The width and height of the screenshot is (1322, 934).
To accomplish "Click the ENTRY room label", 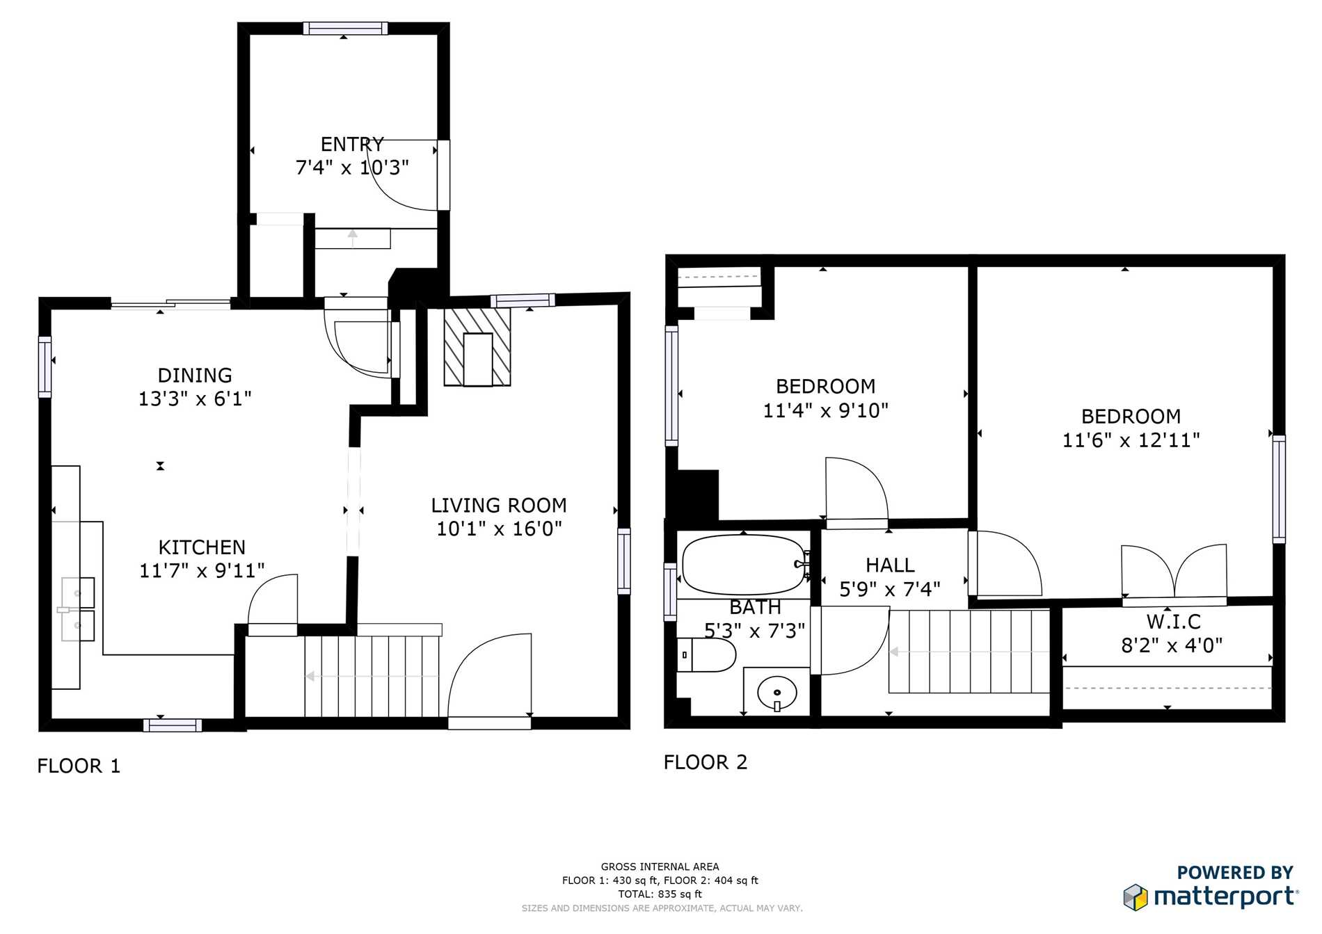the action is click(x=352, y=144).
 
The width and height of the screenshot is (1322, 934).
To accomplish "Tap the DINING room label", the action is click(x=195, y=376).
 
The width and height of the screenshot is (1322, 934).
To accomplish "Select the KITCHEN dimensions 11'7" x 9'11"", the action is click(x=202, y=571).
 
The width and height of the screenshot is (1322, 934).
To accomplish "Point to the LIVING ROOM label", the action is click(x=499, y=506).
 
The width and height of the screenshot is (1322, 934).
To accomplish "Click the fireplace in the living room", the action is click(x=477, y=346).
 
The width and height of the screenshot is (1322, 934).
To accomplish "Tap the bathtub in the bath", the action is click(x=743, y=565).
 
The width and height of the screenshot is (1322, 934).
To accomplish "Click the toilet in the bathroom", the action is click(x=706, y=655).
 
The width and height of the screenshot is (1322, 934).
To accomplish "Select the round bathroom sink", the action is click(x=777, y=693).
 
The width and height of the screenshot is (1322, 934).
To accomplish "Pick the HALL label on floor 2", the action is click(x=890, y=565).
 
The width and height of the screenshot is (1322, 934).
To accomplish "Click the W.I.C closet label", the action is click(x=1174, y=621).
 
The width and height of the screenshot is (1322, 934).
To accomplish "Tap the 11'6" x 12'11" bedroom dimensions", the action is click(x=1131, y=440).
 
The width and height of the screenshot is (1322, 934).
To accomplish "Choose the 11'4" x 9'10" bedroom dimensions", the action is click(x=826, y=410).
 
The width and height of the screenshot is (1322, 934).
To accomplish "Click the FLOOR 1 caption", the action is click(x=79, y=766).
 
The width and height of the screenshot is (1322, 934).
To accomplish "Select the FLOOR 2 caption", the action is click(x=706, y=762).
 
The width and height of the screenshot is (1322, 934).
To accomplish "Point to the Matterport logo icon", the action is click(x=1135, y=897).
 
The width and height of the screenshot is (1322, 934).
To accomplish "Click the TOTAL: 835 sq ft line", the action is click(x=660, y=894).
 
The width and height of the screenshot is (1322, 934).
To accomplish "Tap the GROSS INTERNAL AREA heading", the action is click(x=660, y=867).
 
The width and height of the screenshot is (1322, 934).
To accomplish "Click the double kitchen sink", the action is click(x=77, y=609).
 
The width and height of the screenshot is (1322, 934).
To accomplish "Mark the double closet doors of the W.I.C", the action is click(x=1174, y=572).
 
